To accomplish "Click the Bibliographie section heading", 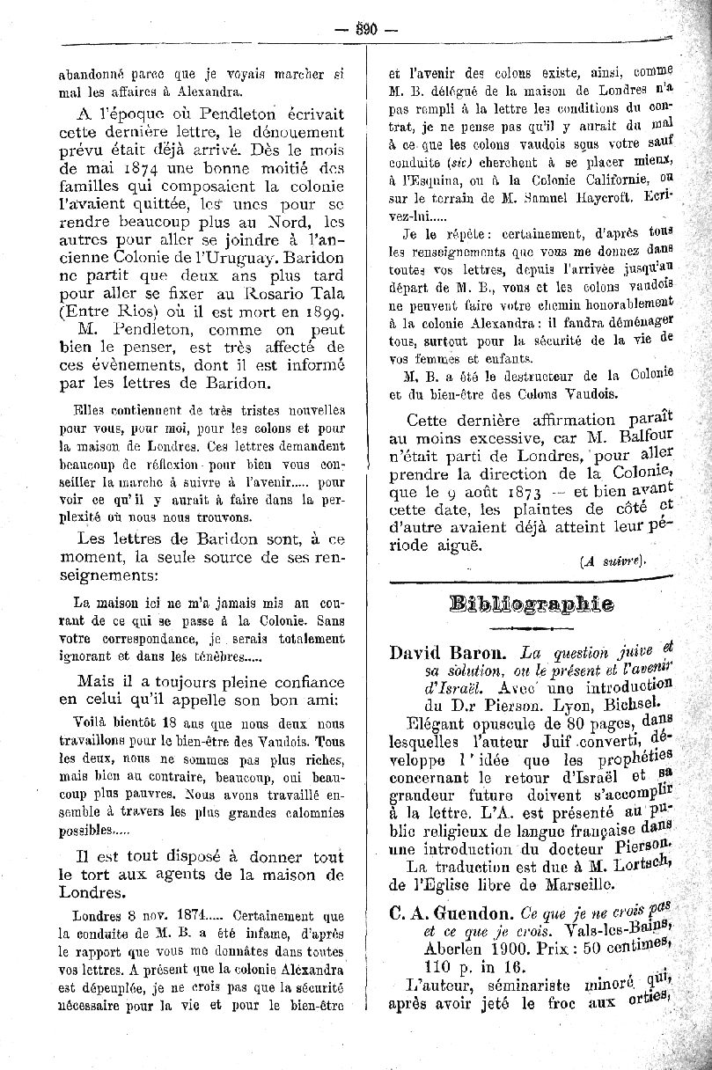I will click(x=531, y=605).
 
